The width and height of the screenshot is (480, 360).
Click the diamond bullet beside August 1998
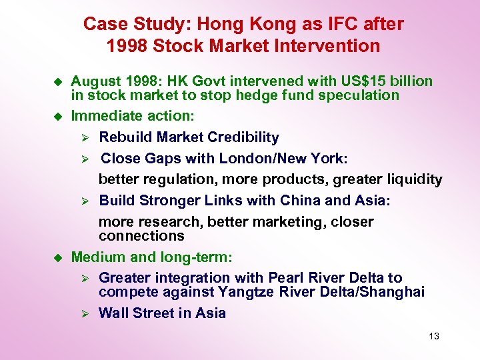click(57, 82)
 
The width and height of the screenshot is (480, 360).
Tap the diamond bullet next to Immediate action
click(57, 117)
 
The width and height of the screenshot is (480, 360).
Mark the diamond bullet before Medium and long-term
click(57, 257)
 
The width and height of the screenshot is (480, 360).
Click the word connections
click(141, 236)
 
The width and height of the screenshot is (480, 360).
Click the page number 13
click(434, 336)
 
